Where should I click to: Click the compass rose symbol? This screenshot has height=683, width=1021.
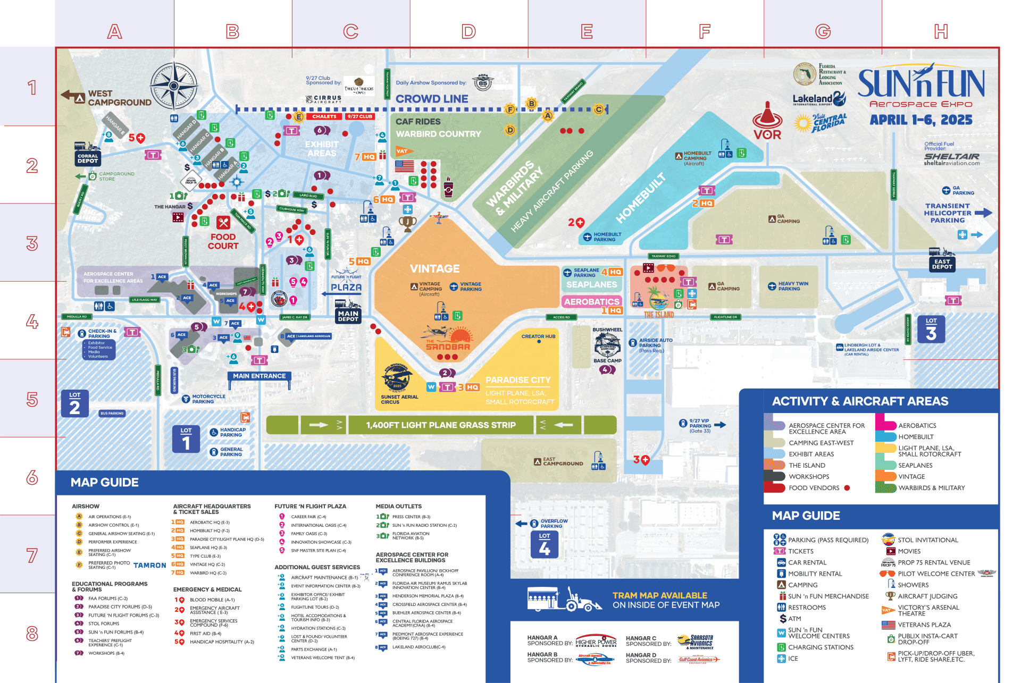click(174, 85)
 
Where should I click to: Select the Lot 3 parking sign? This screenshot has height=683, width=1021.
click(931, 329)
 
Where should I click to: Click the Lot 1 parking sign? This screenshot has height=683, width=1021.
click(186, 439)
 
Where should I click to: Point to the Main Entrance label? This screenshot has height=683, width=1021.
click(259, 376)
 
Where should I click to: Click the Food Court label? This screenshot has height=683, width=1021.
click(223, 241)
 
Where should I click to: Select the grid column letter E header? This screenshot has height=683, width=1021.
click(587, 31)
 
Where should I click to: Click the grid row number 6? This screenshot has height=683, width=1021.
click(32, 477)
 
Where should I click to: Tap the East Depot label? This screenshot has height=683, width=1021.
click(942, 264)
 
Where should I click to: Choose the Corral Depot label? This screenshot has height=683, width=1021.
click(88, 158)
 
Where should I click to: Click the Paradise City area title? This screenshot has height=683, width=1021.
click(517, 380)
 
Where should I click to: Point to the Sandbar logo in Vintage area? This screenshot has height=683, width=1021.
click(448, 340)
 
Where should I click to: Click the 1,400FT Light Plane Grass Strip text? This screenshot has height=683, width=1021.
click(440, 425)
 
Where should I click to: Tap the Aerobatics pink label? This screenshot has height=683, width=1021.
click(591, 301)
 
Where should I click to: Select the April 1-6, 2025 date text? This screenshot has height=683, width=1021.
click(921, 120)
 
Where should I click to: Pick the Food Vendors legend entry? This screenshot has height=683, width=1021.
click(814, 488)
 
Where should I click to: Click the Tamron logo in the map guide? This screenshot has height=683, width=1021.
click(149, 566)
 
